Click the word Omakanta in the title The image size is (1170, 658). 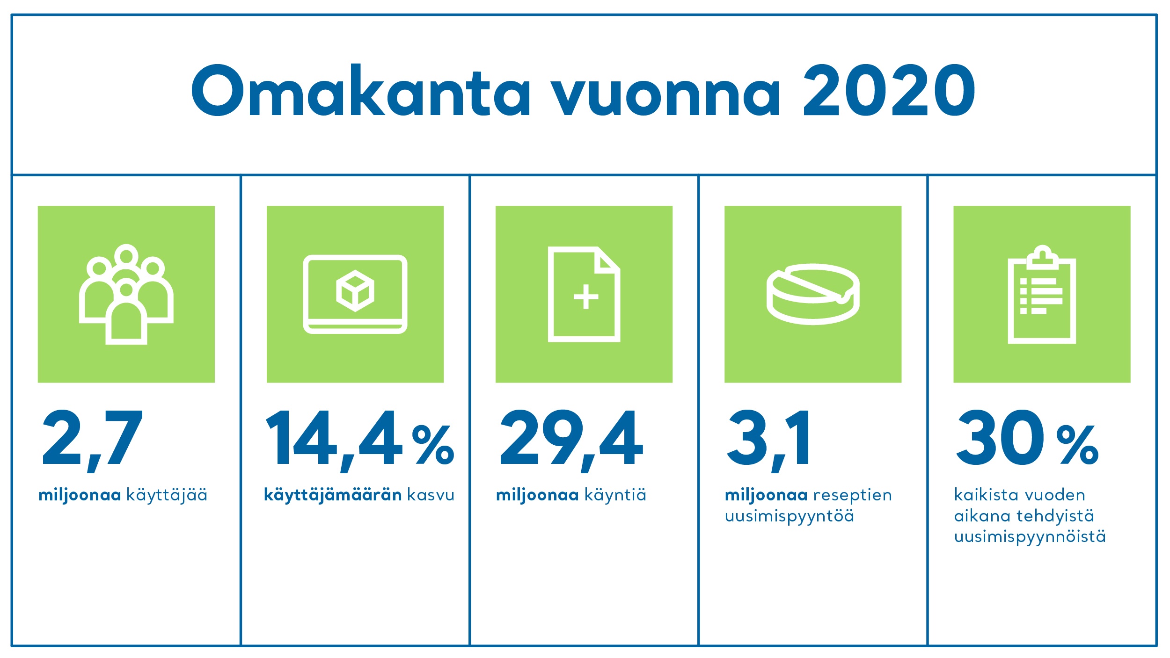(361, 90)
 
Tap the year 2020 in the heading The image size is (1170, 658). (889, 90)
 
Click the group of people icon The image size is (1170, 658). (126, 294)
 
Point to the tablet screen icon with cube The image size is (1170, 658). (355, 294)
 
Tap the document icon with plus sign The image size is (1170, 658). (584, 294)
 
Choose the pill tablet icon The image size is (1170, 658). (813, 294)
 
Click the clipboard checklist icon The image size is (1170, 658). (1042, 294)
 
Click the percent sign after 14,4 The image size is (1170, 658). (433, 445)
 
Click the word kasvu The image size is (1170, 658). (431, 495)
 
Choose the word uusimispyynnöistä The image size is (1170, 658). (1030, 537)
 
